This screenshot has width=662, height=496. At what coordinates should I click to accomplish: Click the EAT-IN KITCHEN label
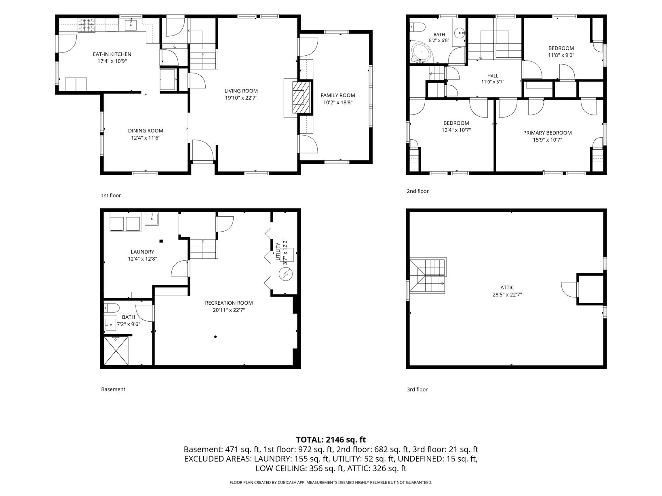pyautogui.click(x=112, y=54)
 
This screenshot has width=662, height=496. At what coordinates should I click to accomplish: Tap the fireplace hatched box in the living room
pyautogui.click(x=301, y=97)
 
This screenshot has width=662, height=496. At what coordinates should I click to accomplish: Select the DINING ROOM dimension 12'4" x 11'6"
pyautogui.click(x=145, y=138)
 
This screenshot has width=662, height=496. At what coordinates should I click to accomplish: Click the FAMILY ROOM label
pyautogui.click(x=337, y=96)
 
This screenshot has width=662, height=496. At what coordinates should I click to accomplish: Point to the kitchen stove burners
pyautogui.click(x=87, y=25)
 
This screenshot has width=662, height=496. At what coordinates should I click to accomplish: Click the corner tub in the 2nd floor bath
pyautogui.click(x=422, y=53)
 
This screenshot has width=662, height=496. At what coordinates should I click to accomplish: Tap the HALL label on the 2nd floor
pyautogui.click(x=493, y=76)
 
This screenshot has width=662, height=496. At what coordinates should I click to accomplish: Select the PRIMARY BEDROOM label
pyautogui.click(x=547, y=133)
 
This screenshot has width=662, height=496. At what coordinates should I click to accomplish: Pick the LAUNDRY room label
pyautogui.click(x=142, y=252)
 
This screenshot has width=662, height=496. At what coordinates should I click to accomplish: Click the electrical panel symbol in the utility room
pyautogui.click(x=285, y=274)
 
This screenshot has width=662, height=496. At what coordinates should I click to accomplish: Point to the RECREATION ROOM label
pyautogui.click(x=229, y=303)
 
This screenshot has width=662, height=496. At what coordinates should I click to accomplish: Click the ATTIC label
pyautogui.click(x=507, y=288)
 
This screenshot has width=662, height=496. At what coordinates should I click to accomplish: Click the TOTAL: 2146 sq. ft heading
pyautogui.click(x=331, y=439)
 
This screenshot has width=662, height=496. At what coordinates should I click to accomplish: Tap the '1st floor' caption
pyautogui.click(x=111, y=195)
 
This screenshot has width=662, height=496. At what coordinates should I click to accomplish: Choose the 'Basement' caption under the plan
pyautogui.click(x=113, y=389)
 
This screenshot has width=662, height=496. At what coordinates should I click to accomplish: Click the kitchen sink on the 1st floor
pyautogui.click(x=131, y=24)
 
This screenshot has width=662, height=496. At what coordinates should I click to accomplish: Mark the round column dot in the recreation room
pyautogui.click(x=215, y=337)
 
